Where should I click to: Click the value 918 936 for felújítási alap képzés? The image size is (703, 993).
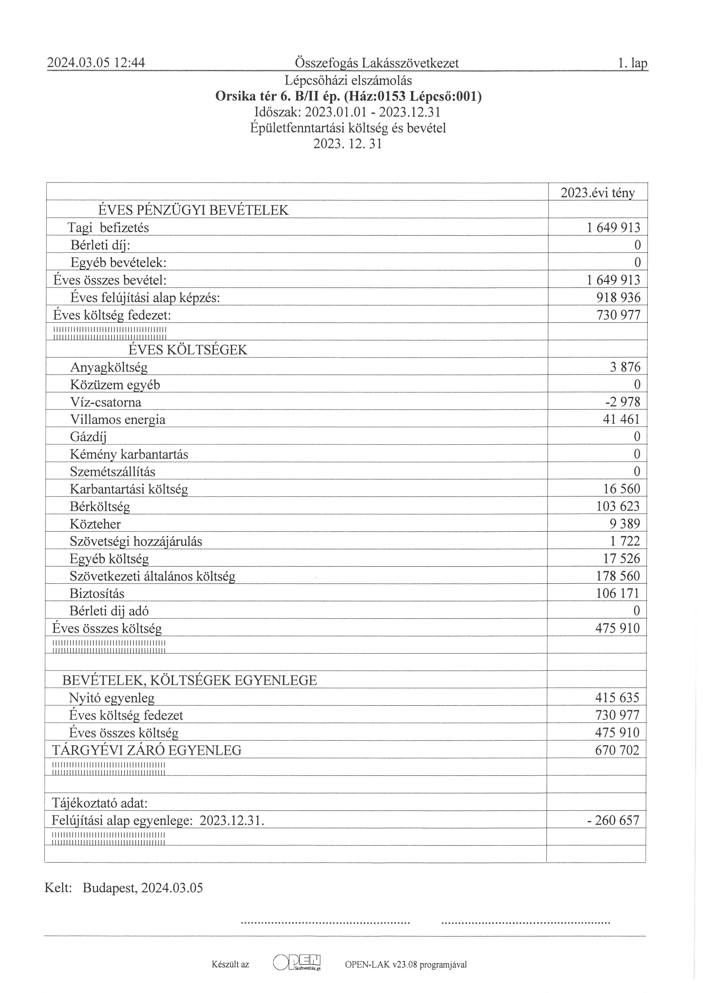coord(618,298)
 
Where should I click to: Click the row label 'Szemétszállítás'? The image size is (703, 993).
coord(113,472)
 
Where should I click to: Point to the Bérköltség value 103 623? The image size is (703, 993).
coord(618,507)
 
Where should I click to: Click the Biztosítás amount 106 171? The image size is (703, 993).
coord(618,593)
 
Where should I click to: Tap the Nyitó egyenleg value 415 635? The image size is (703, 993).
coord(617,698)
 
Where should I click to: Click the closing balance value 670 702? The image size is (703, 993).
coord(617,750)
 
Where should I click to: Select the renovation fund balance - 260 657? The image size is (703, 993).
coord(613,820)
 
